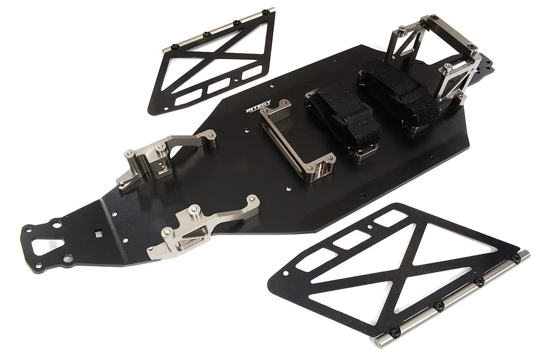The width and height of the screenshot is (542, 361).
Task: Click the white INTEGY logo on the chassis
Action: click(x=258, y=107)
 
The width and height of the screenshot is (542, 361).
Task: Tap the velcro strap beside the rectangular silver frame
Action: click(x=344, y=112)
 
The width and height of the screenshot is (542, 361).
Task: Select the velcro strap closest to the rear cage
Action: click(x=399, y=94)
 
